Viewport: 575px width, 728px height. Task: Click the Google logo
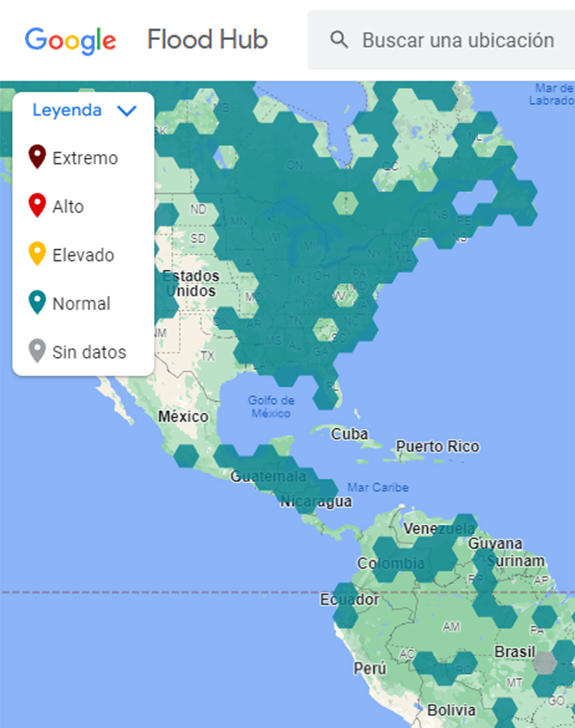70,40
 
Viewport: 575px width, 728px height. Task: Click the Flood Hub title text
207,39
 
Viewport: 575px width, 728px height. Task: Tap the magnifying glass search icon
339,39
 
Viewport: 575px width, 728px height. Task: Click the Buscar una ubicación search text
458,40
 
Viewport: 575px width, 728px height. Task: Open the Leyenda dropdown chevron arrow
127,111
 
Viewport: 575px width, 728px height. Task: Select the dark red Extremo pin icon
37,156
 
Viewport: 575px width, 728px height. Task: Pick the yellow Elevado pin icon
37,254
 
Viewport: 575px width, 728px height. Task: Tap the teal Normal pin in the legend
37,302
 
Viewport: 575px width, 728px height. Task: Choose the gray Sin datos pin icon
37,350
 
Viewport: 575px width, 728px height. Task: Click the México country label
183,416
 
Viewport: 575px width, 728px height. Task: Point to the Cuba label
349,434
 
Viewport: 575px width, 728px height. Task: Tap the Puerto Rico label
437,446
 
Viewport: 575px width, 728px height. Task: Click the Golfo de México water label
271,406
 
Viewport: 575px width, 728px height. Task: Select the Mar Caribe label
378,487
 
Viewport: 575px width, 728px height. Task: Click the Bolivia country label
451,710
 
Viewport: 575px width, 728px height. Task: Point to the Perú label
370,668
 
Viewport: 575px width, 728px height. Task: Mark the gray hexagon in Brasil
545,664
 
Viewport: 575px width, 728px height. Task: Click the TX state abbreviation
207,356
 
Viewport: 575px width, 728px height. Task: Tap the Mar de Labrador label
552,94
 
